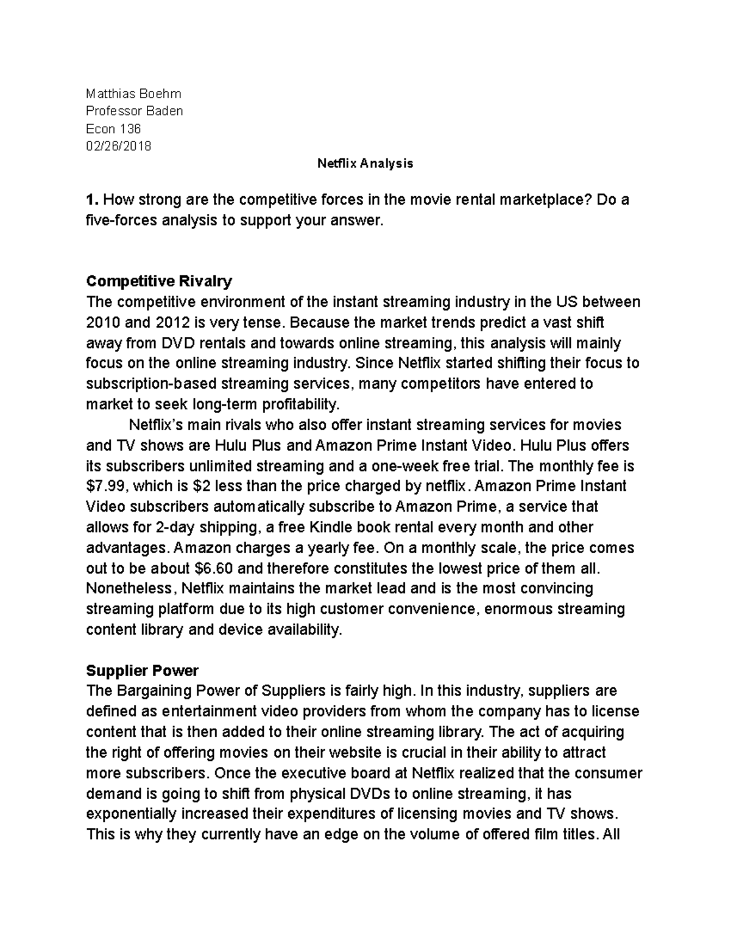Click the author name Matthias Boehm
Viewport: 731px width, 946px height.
click(133, 94)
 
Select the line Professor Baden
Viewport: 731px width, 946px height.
click(134, 111)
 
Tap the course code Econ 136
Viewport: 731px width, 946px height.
click(113, 129)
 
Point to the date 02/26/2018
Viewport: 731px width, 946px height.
click(119, 146)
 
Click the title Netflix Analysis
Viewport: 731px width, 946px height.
click(365, 163)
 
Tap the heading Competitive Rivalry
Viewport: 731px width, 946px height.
click(159, 281)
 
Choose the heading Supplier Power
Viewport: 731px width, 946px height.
click(143, 671)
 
